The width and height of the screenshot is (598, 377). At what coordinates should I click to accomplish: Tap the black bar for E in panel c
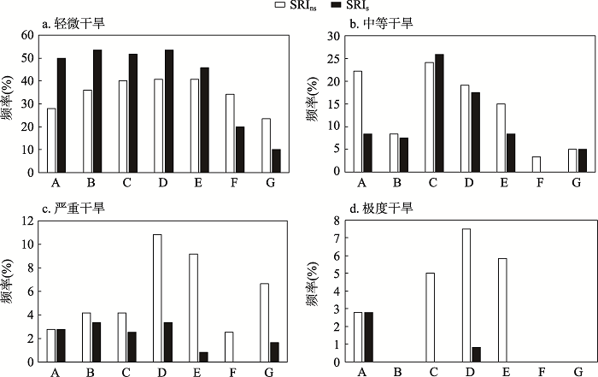[203, 356]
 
